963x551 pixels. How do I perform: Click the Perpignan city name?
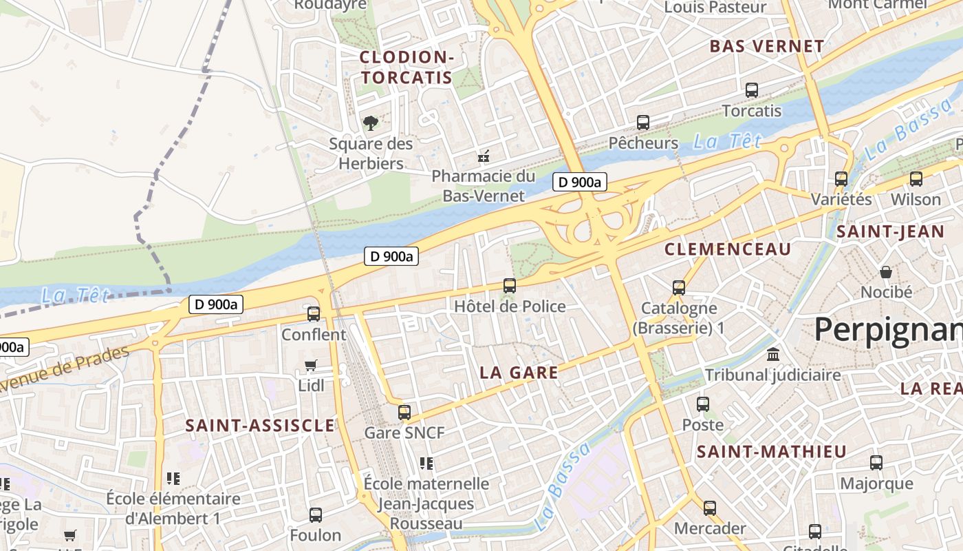(x=887, y=331)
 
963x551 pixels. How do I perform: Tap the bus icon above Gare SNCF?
(x=404, y=413)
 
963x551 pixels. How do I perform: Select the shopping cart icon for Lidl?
(x=311, y=366)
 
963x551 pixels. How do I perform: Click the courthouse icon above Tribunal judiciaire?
(x=772, y=355)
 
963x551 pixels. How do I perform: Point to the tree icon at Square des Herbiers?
(x=371, y=123)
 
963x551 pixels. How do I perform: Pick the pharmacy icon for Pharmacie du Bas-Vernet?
(x=484, y=156)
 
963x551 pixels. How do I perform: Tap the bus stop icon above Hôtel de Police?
(x=510, y=286)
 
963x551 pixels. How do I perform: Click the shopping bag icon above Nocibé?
(x=886, y=272)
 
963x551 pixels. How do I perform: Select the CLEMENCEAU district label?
(x=728, y=249)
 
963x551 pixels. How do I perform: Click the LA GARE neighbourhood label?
(x=519, y=373)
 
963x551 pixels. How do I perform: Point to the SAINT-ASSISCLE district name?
(x=260, y=426)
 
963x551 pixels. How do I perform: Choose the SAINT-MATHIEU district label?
(x=771, y=453)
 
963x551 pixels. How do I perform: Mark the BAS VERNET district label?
(x=766, y=47)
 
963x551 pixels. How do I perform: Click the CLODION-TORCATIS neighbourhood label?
(x=407, y=67)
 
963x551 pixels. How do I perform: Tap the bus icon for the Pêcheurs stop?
(x=643, y=123)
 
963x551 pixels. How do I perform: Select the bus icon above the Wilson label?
(x=916, y=179)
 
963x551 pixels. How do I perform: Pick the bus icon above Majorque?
(x=876, y=463)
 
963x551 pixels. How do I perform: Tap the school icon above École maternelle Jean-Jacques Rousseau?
(x=426, y=464)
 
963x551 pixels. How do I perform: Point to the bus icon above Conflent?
(x=314, y=314)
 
